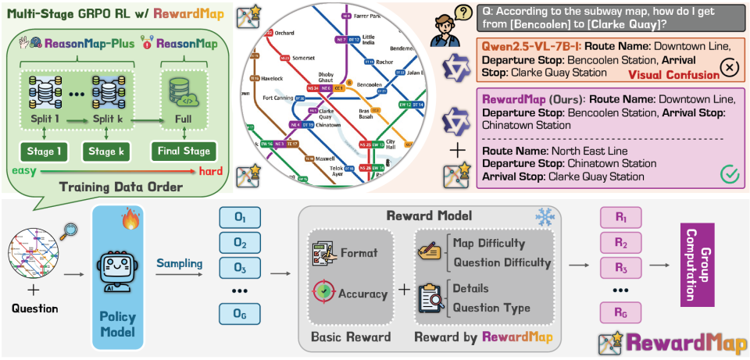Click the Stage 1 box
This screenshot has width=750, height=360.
(x=45, y=150)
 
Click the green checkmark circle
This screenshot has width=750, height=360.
(x=729, y=173)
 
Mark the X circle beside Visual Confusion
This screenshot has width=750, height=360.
(x=728, y=68)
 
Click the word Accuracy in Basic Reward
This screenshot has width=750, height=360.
(x=362, y=294)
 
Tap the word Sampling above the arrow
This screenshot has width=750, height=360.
(x=179, y=265)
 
